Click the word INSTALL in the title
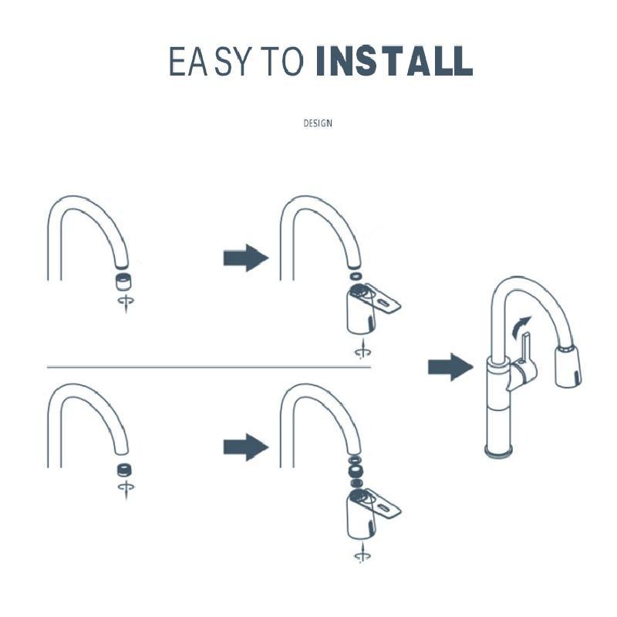394,61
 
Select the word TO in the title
283,62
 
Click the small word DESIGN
318,123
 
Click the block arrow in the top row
246,258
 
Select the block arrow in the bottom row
246,447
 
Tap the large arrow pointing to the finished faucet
450,367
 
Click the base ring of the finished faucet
499,450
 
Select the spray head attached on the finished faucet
568,364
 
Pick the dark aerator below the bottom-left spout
124,470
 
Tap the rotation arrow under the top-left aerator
126,303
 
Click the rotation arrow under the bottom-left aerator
126,489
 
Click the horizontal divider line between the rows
209,367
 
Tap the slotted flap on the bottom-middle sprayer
383,504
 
